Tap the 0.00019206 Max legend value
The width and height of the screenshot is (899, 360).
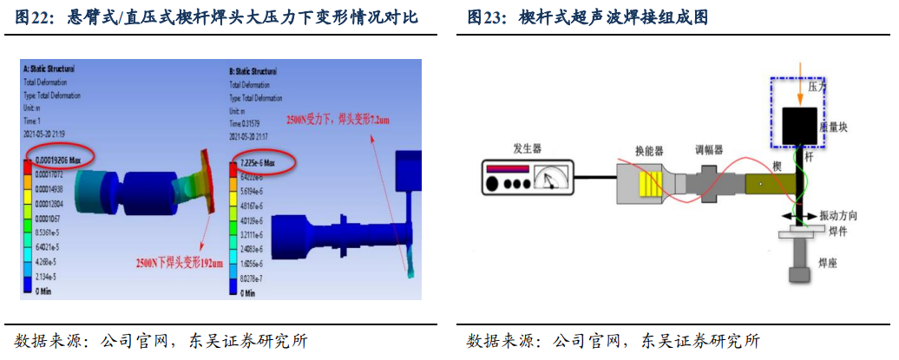tap(59, 160)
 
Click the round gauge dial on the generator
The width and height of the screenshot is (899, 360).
tap(547, 179)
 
